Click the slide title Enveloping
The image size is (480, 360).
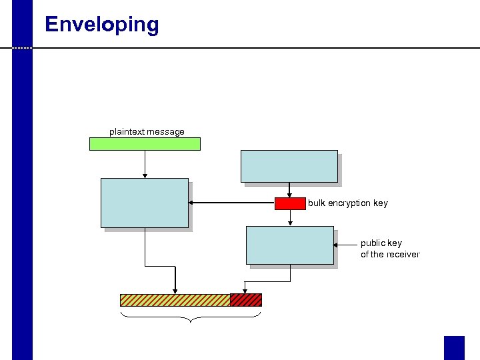click(x=101, y=25)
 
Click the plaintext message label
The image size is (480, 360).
click(x=147, y=131)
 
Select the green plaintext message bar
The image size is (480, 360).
click(x=145, y=143)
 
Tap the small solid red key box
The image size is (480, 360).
click(x=290, y=203)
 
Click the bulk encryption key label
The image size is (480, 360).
click(x=347, y=203)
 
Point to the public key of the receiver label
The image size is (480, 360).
click(x=390, y=249)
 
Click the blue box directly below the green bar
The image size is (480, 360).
click(x=145, y=203)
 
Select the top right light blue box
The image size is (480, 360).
click(x=289, y=166)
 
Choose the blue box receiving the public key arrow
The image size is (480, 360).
click(x=290, y=245)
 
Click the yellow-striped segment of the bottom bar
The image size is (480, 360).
click(x=175, y=300)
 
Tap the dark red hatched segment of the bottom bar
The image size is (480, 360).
click(x=245, y=300)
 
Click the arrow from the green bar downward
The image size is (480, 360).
click(x=145, y=164)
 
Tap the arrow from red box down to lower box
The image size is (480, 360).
click(x=290, y=218)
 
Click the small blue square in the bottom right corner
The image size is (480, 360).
click(x=454, y=347)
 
